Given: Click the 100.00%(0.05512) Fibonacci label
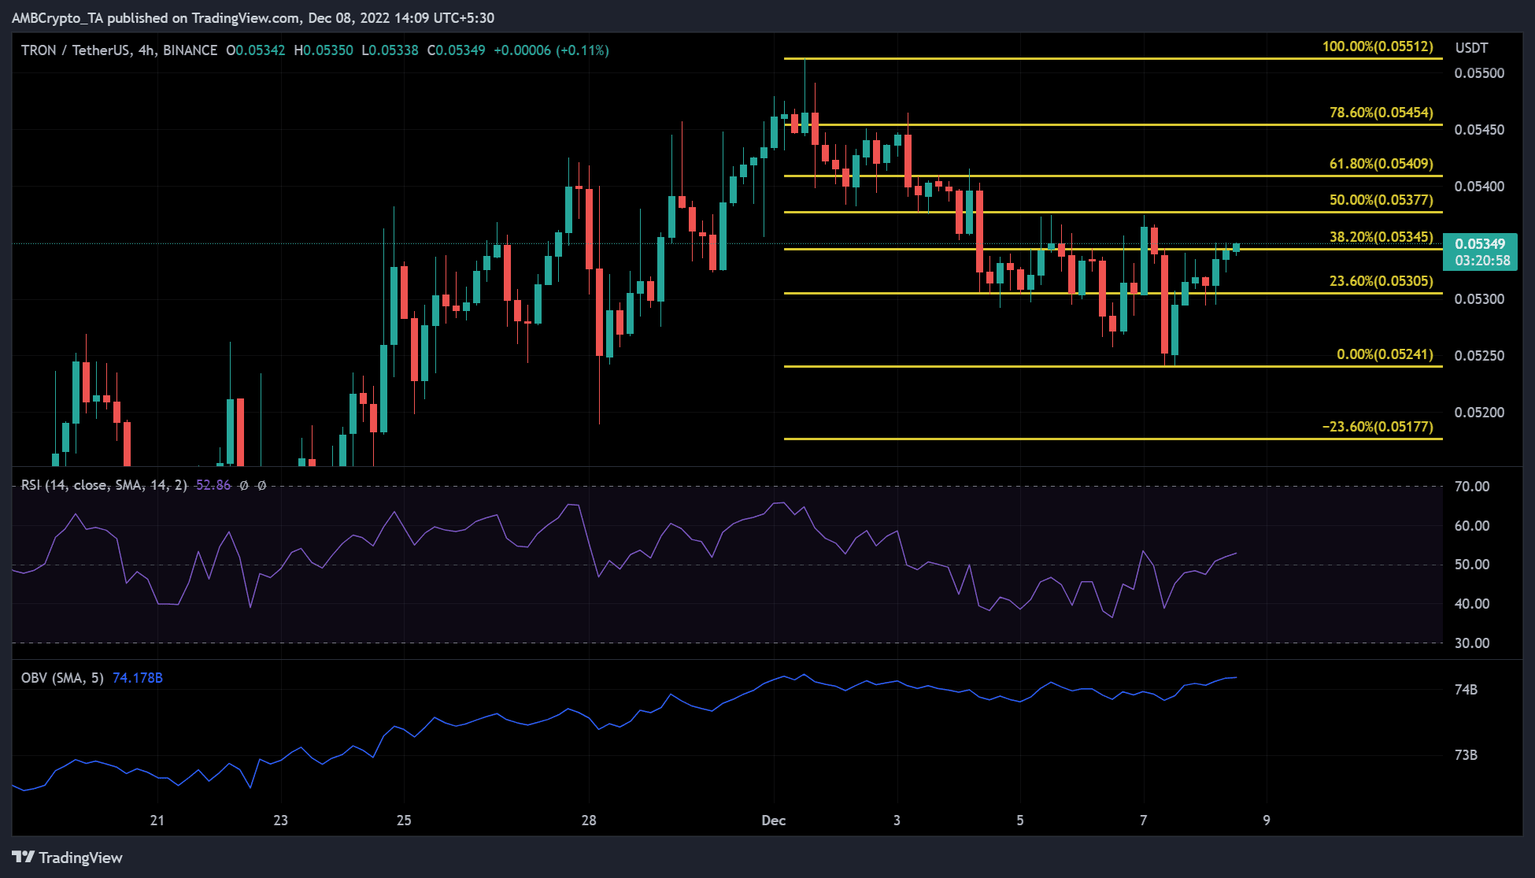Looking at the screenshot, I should click(1378, 46).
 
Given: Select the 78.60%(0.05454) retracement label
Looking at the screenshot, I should click(1381, 113).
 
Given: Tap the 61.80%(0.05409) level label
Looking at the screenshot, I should click(1381, 164).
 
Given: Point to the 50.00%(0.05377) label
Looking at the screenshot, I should click(1381, 200).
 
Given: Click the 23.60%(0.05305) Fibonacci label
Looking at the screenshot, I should click(1381, 281).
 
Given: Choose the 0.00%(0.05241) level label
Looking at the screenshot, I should click(1384, 354).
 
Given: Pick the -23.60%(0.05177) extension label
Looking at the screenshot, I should click(1377, 427).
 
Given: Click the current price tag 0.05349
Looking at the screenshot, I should click(1480, 244).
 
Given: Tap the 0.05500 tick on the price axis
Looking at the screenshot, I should click(1479, 73).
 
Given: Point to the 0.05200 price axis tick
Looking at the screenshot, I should click(1479, 413).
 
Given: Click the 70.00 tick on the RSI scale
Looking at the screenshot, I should click(1472, 487).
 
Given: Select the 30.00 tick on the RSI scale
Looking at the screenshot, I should click(1472, 643).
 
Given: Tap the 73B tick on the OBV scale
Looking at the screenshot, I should click(1466, 755).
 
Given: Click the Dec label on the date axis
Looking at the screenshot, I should click(774, 821).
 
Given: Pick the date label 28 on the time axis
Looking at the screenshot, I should click(589, 821).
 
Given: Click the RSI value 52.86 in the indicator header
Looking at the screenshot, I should click(213, 485).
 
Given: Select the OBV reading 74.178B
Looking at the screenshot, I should click(138, 678).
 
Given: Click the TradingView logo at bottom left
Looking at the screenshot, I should click(68, 858).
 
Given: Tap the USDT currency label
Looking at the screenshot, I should click(1471, 48).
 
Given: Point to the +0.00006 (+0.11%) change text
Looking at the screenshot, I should click(551, 50).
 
